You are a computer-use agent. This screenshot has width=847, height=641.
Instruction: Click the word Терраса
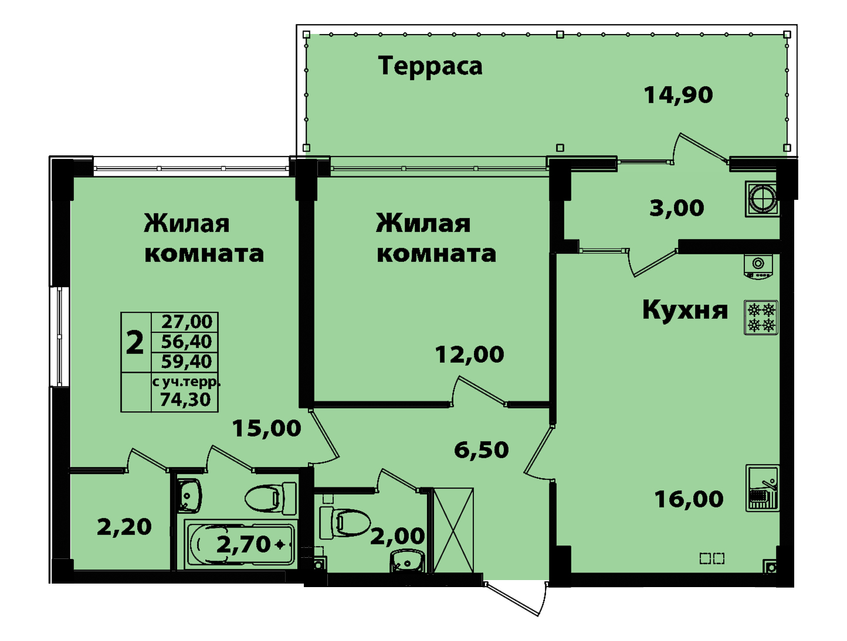coord(431,66)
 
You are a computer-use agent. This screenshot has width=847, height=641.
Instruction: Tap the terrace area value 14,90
coord(679,95)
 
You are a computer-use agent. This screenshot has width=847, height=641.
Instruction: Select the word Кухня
coord(685,311)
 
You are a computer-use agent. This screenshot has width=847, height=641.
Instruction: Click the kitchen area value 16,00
coord(689,499)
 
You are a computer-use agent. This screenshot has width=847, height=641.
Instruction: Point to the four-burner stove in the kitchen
coord(761,318)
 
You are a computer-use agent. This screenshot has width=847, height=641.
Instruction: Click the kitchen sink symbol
coord(762,488)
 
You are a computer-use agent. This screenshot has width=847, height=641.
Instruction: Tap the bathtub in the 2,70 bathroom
coord(240,544)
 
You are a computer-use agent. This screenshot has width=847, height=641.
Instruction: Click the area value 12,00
coord(470,354)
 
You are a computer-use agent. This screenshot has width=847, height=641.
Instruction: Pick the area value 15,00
coord(267,429)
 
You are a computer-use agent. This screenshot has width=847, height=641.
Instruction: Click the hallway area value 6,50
coord(482,450)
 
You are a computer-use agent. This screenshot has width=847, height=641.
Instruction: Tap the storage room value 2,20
coord(124,527)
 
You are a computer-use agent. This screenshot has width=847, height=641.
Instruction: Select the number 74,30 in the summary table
coord(185,400)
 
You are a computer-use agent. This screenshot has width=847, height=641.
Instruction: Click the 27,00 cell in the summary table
coord(187,322)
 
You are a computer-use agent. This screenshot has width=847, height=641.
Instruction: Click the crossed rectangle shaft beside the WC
coord(453,530)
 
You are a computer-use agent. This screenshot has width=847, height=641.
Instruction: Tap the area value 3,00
coord(677,208)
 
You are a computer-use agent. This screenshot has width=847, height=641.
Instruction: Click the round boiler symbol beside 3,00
coord(762,199)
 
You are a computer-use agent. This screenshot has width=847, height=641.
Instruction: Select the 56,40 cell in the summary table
coord(187,342)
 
